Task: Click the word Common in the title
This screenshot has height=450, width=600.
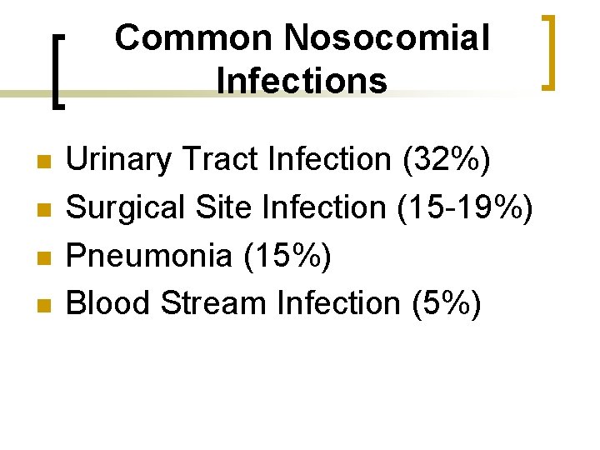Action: click(x=194, y=38)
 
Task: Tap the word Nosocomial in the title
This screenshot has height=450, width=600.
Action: click(x=387, y=38)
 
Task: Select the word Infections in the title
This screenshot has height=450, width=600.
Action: click(x=301, y=82)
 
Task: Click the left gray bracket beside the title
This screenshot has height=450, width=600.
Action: click(x=57, y=71)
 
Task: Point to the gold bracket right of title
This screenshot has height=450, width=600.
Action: click(x=548, y=52)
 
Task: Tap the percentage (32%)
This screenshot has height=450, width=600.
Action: click(x=447, y=159)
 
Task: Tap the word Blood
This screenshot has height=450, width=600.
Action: click(x=108, y=304)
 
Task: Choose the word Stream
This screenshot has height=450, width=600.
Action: click(x=213, y=304)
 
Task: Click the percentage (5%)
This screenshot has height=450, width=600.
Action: click(x=446, y=304)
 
